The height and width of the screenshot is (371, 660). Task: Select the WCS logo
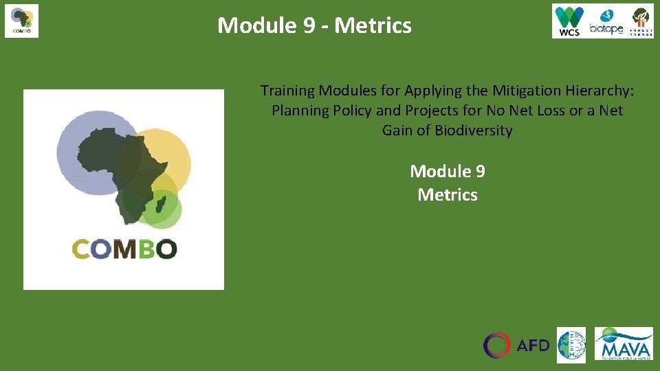569,21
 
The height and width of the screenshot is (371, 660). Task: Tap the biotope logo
605,22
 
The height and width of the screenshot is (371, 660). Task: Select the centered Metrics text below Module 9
448,195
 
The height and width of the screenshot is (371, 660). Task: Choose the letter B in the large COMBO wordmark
146,249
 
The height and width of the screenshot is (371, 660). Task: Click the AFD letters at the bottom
533,345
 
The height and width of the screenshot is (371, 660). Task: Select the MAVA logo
624,344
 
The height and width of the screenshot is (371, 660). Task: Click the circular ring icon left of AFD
497,345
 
